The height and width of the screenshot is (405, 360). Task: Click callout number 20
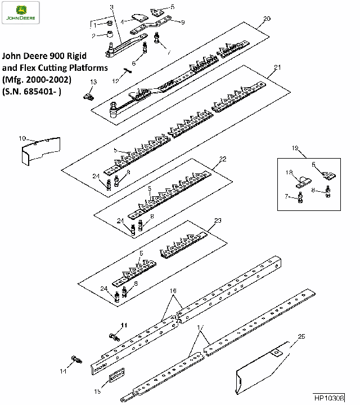tap(267, 19)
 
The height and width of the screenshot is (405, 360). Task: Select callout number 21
tap(277, 67)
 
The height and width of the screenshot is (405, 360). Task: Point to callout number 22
tap(223, 160)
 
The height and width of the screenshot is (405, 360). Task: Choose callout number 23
tap(218, 220)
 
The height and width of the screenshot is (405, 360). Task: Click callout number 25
tap(301, 336)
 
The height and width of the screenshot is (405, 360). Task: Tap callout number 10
tap(22, 138)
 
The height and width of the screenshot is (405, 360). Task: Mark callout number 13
tap(93, 82)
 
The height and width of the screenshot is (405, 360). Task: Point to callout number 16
tap(173, 290)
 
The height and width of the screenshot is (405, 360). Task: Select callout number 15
tap(97, 391)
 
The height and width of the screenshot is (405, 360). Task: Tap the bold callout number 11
tap(124, 325)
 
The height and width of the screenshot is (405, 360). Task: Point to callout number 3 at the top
tap(111, 7)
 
